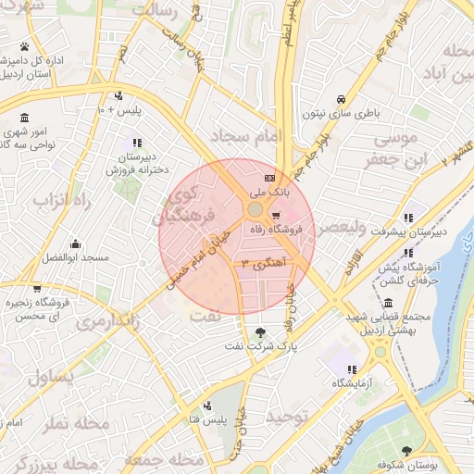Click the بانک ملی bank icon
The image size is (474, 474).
[x=269, y=178]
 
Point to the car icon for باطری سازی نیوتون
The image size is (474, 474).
[x=342, y=99]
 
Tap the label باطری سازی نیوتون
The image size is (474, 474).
[x=341, y=114]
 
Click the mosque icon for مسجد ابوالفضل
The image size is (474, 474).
[x=76, y=244]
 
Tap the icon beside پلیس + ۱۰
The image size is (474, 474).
[x=118, y=96]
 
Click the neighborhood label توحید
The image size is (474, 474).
[x=290, y=418]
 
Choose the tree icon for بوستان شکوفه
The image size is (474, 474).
[x=406, y=451]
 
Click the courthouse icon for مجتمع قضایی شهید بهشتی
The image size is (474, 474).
[x=386, y=304]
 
